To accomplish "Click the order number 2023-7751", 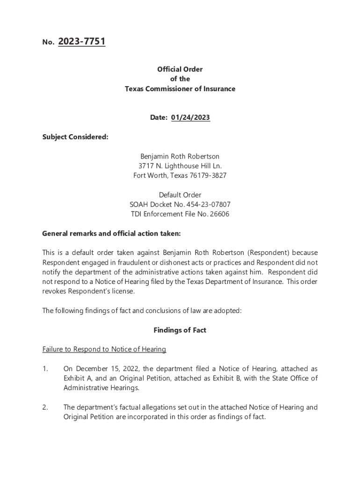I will (81, 42).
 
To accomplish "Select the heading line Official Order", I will (180, 69).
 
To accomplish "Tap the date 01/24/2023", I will (190, 118).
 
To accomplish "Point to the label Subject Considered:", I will (75, 137).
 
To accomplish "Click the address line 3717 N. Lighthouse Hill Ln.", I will (180, 166).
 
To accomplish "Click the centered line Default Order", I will (180, 195).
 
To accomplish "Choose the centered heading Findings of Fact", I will (180, 330).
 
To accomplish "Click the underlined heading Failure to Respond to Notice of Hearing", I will (104, 349).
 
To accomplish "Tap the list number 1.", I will (45, 369).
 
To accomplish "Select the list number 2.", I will (45, 407).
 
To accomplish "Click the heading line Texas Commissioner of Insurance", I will (180, 89).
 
